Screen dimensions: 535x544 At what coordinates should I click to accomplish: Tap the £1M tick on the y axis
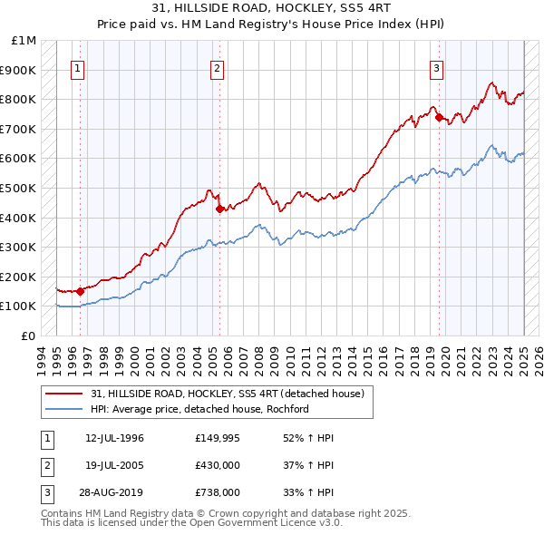click(x=24, y=41)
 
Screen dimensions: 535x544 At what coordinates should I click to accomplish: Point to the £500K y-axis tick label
click(x=19, y=188)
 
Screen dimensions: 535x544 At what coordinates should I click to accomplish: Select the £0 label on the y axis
click(x=29, y=336)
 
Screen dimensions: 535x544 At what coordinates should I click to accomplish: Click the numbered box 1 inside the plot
click(x=78, y=68)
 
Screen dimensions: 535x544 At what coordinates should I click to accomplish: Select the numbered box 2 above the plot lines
click(x=218, y=68)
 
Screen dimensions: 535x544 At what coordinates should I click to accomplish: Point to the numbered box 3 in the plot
click(x=437, y=68)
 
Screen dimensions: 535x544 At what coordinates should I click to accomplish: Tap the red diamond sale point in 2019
click(x=439, y=117)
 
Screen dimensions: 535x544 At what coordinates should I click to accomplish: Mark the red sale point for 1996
click(x=81, y=291)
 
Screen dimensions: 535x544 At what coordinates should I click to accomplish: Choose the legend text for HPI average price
click(x=200, y=409)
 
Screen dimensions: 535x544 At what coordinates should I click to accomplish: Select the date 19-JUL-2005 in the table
click(x=115, y=465)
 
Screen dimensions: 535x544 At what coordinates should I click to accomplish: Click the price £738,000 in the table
click(x=219, y=492)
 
